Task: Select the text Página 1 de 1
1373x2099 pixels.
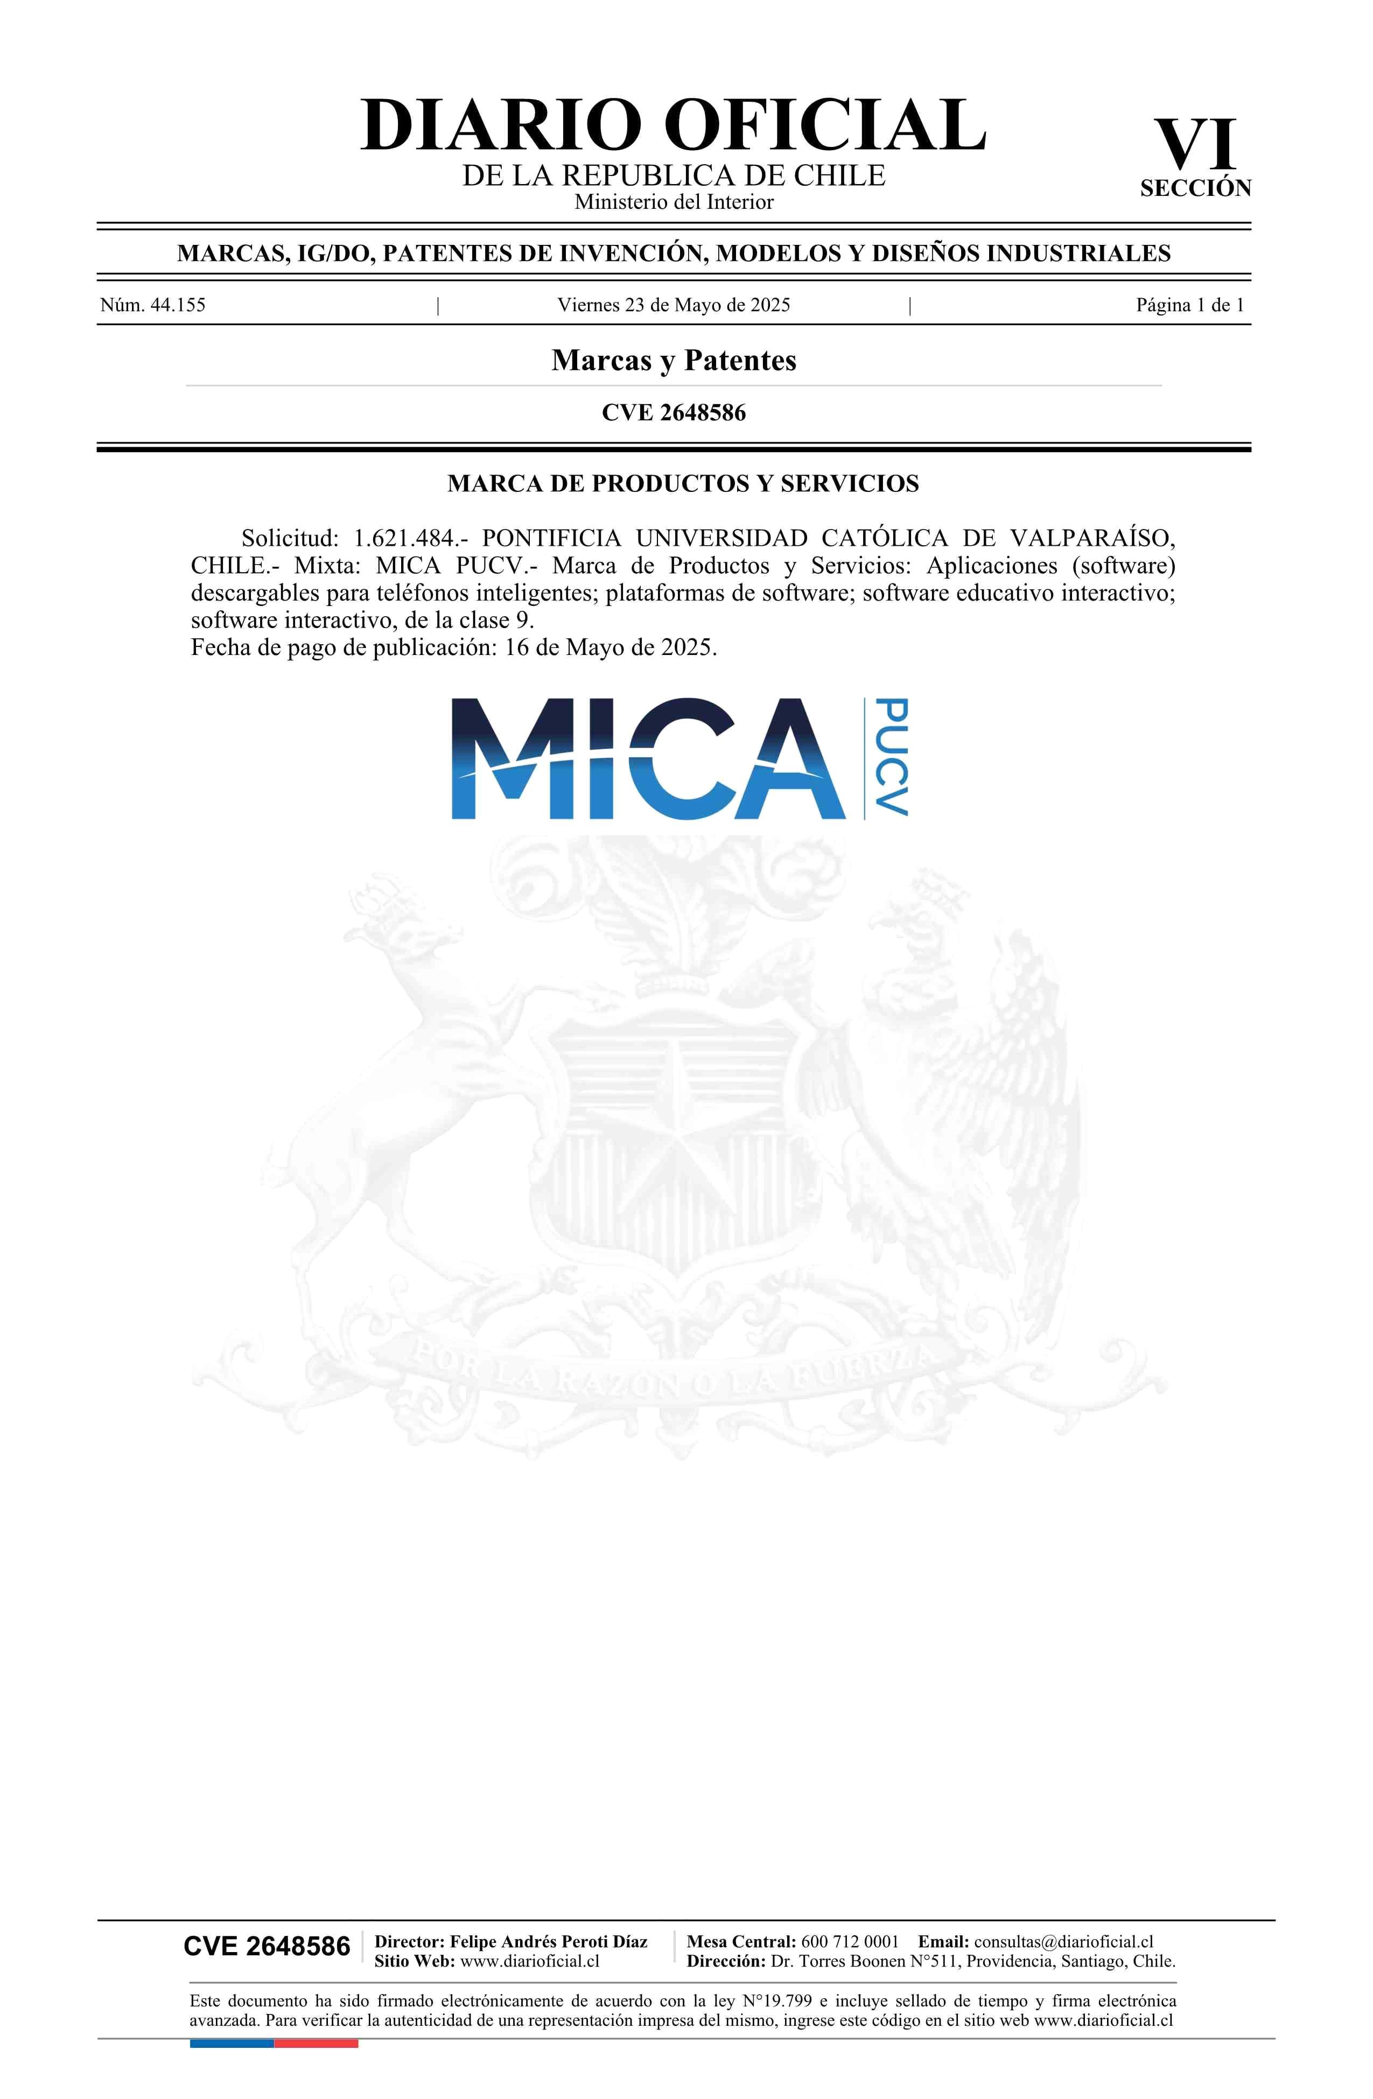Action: [1189, 305]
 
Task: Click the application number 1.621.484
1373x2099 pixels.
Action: [405, 538]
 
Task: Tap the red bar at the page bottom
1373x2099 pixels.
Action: [316, 2042]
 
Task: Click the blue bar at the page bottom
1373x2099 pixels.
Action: [231, 2042]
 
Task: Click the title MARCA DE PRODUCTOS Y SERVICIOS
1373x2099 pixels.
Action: [682, 483]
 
